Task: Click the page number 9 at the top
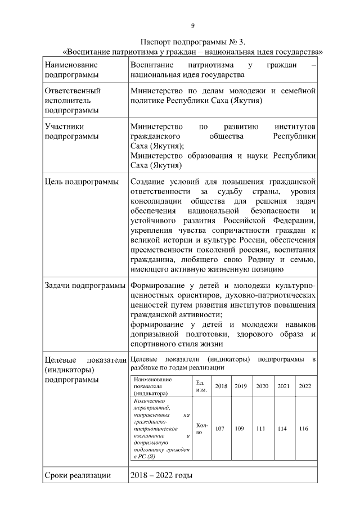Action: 193,26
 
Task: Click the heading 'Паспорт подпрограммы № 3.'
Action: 193,42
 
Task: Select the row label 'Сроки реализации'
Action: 78,476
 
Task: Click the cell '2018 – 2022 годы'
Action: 161,476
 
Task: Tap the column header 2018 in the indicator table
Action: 221,386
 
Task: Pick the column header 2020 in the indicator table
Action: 262,386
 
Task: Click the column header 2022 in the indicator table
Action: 304,386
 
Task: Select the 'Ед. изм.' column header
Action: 201,386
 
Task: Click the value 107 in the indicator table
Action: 220,429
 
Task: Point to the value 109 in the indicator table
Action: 240,429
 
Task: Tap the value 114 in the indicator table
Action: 283,429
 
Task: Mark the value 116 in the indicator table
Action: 304,429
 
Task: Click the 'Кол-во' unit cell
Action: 201,429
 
